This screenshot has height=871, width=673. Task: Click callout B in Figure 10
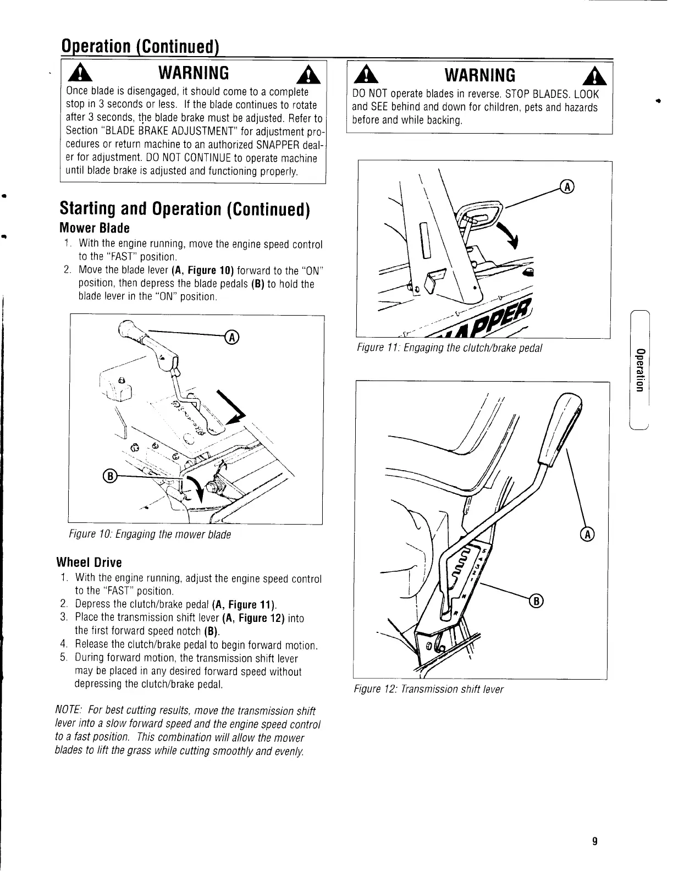point(109,476)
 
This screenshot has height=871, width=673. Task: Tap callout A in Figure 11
point(567,187)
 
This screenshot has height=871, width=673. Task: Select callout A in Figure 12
point(588,534)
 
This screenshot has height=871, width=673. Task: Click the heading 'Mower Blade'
point(94,228)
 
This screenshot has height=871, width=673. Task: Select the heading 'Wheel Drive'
point(90,563)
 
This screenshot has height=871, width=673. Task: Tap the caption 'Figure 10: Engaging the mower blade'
point(150,534)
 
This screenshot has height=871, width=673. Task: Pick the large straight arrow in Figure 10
point(231,407)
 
